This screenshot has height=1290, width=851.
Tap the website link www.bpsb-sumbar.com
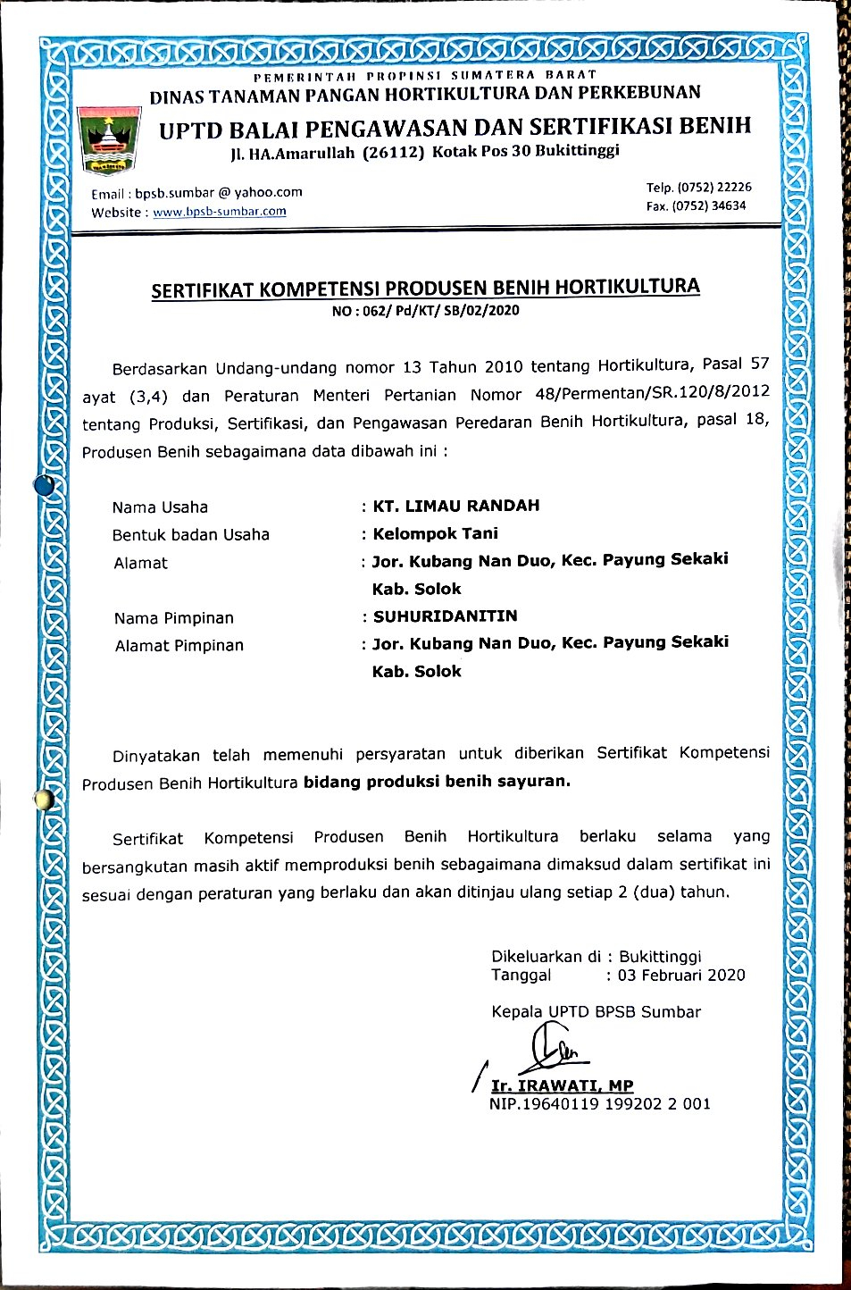pos(220,212)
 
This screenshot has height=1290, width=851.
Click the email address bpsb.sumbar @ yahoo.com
pos(219,192)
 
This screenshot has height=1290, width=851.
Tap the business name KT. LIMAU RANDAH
pos(456,506)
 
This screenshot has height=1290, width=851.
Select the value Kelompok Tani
pos(436,533)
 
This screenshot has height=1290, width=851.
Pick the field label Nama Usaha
pos(160,507)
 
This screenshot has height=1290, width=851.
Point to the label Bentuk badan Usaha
pos(191,535)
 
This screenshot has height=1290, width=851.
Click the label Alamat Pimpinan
pos(179,645)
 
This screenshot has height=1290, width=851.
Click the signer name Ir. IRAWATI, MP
pos(563,1085)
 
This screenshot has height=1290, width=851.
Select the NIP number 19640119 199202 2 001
pos(616,1104)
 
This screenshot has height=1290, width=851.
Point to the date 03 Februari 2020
pos(681,975)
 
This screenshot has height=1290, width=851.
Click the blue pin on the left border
pos(44,485)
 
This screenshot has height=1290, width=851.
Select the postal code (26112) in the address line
pos(394,153)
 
